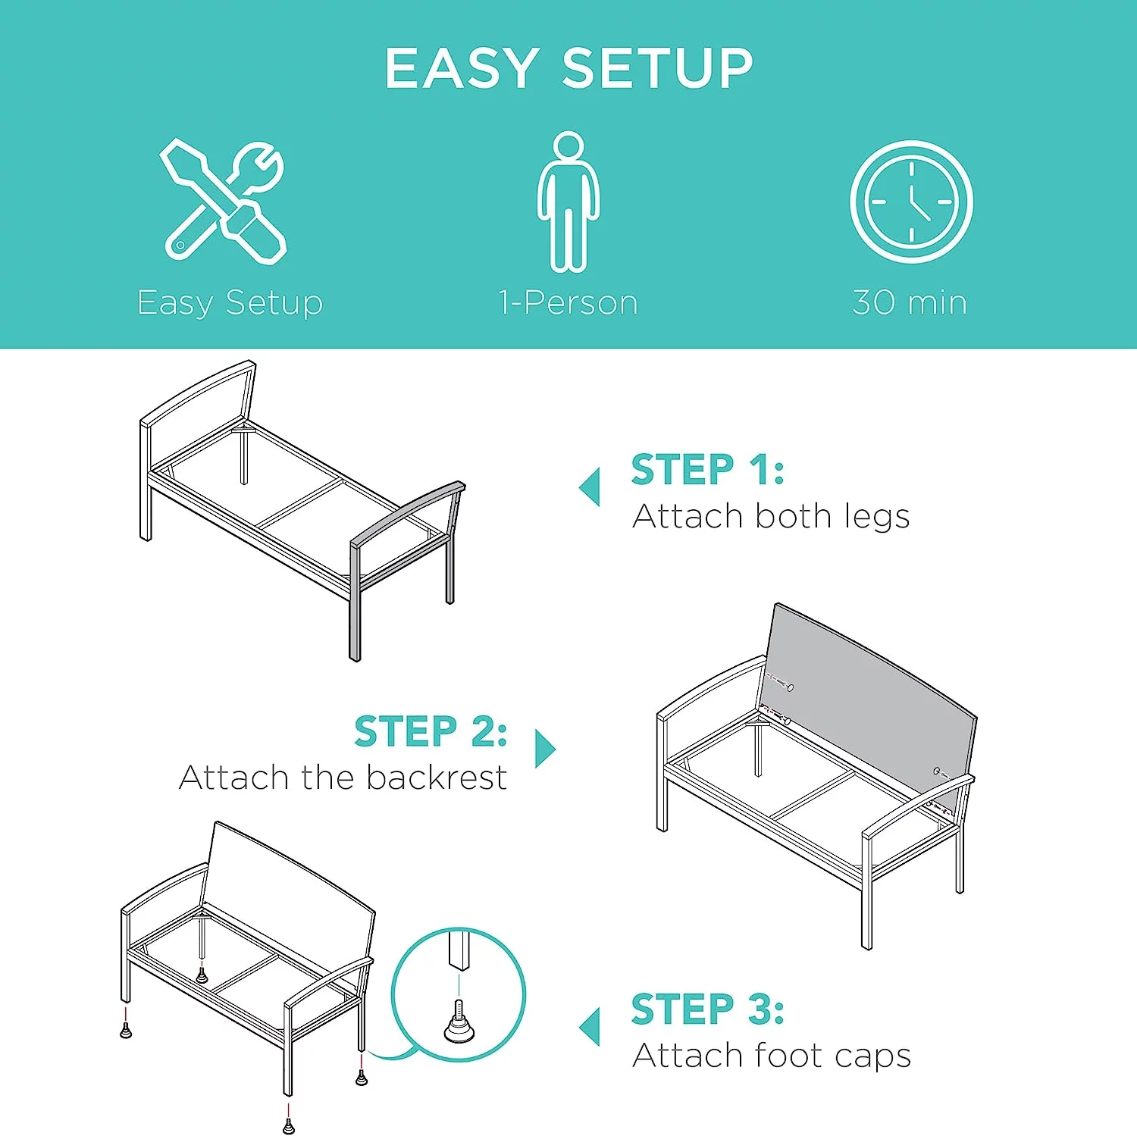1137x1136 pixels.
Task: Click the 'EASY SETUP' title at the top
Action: (x=568, y=68)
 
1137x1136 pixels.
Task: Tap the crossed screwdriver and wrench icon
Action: (x=224, y=202)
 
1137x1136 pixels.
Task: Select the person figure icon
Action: (x=568, y=202)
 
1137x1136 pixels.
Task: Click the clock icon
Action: (x=911, y=202)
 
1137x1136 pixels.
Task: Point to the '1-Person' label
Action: (x=568, y=302)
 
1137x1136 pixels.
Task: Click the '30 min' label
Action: (x=910, y=302)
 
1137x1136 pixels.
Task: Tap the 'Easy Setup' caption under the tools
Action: (x=230, y=303)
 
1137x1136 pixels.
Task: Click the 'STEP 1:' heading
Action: (x=708, y=470)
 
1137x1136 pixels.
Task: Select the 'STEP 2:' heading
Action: (x=431, y=731)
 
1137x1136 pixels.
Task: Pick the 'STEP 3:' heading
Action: (x=708, y=1009)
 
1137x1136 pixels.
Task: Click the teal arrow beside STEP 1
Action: (x=590, y=487)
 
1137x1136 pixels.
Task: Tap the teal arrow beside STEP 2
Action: (x=545, y=749)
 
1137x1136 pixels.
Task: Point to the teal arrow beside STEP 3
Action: (x=590, y=1027)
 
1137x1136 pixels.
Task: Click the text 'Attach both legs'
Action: (x=771, y=517)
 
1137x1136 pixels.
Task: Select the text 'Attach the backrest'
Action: (x=343, y=778)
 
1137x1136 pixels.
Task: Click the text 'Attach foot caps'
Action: (x=772, y=1056)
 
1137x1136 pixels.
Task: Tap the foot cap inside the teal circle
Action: (x=459, y=1023)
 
